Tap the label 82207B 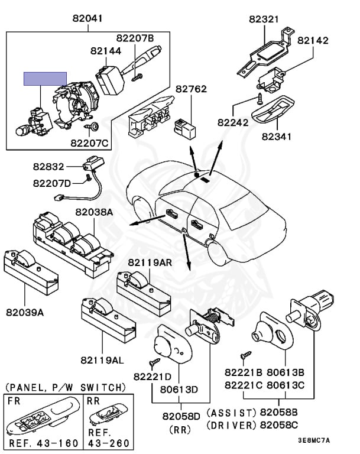coord(134,38)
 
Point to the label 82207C coord(90,142)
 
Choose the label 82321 coord(262,20)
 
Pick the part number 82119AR coord(151,262)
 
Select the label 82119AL coord(103,359)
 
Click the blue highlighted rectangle coord(45,79)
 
